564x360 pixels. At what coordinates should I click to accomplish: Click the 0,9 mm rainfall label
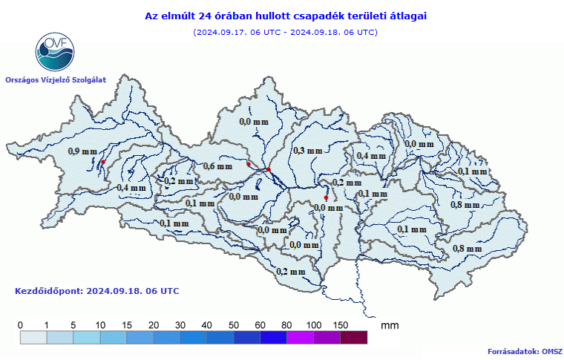pos(82,151)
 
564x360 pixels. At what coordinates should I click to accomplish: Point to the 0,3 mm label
pos(308,151)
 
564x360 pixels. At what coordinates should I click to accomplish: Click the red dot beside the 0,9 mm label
pos(103,162)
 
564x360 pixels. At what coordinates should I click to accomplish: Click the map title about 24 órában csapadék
pos(285,15)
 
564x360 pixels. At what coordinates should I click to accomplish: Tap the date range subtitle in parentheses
pos(285,32)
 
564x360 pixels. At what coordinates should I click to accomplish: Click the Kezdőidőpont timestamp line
pos(96,291)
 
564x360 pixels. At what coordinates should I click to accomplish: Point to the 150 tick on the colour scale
pos(340,325)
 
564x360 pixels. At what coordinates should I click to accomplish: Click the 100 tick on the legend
pos(313,325)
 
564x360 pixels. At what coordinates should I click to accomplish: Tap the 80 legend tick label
pos(286,325)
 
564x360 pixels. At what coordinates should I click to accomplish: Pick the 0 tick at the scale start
pos(21,325)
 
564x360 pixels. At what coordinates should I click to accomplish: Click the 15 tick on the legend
pos(127,325)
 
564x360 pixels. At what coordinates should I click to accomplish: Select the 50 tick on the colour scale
pos(234,325)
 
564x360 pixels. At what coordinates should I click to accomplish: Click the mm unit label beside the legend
pos(389,325)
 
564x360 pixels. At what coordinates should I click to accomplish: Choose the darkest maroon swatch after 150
pos(353,338)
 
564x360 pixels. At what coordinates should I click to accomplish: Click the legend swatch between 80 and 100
pos(300,338)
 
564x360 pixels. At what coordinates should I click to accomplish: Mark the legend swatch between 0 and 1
pos(33,338)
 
